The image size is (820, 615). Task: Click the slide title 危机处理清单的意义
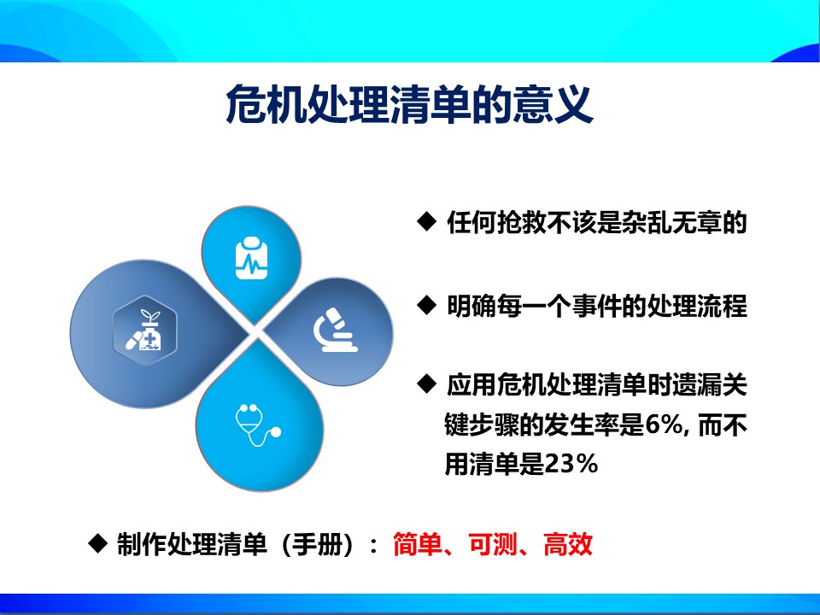(409, 104)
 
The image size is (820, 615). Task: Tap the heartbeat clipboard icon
(251, 258)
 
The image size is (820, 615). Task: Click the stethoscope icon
(258, 425)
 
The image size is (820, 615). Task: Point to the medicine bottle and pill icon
(144, 331)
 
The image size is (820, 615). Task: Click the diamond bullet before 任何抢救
(426, 221)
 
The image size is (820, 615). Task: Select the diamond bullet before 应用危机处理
(426, 384)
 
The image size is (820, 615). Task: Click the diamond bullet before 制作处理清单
(97, 543)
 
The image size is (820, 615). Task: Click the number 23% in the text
(571, 463)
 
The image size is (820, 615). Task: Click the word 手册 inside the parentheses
(317, 544)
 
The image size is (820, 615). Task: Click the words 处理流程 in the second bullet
(697, 306)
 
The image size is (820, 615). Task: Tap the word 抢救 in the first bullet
(522, 222)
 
